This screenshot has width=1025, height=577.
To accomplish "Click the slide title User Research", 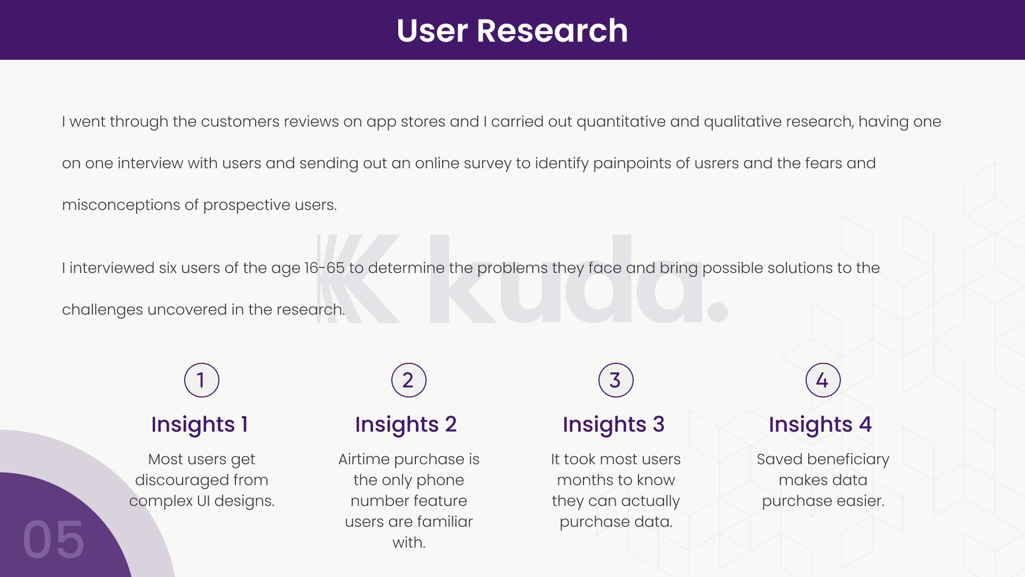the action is [512, 30].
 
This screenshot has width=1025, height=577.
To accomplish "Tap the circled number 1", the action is [202, 380].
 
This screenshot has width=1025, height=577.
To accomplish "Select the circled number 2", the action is [409, 380].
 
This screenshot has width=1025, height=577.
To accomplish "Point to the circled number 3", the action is [616, 380].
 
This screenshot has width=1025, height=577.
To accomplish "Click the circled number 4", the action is [823, 380].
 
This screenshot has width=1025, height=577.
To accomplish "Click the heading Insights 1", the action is [200, 425].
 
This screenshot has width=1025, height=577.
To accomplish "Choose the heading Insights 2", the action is [406, 425].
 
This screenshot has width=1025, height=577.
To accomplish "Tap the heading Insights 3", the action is [613, 425].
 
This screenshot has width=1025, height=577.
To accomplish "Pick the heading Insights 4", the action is [820, 425].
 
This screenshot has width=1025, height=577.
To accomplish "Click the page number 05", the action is [53, 540].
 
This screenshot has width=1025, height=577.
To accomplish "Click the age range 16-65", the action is [325, 268].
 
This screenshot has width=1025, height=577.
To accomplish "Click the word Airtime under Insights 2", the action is [364, 459].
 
